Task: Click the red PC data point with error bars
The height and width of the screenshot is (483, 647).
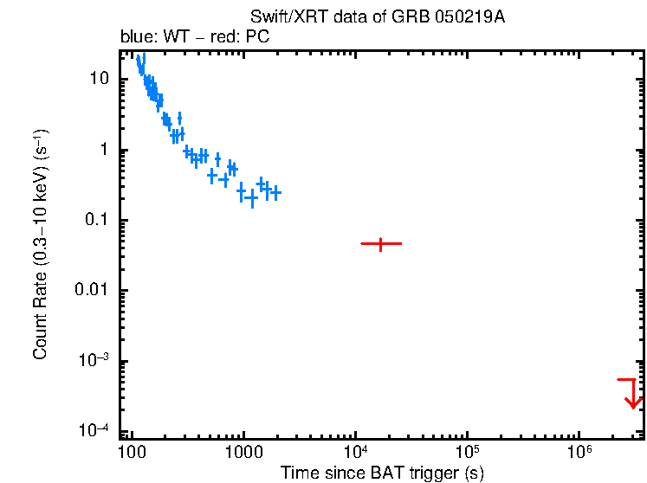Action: point(380,244)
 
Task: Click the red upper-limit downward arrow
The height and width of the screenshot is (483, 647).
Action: point(633,395)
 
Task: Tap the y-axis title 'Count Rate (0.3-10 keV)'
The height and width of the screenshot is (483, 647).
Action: point(41,246)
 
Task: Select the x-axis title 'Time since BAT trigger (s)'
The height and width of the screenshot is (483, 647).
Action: point(382,473)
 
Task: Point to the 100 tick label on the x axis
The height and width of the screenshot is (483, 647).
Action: point(132,451)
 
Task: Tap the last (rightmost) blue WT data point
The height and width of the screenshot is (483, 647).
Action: point(275,193)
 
